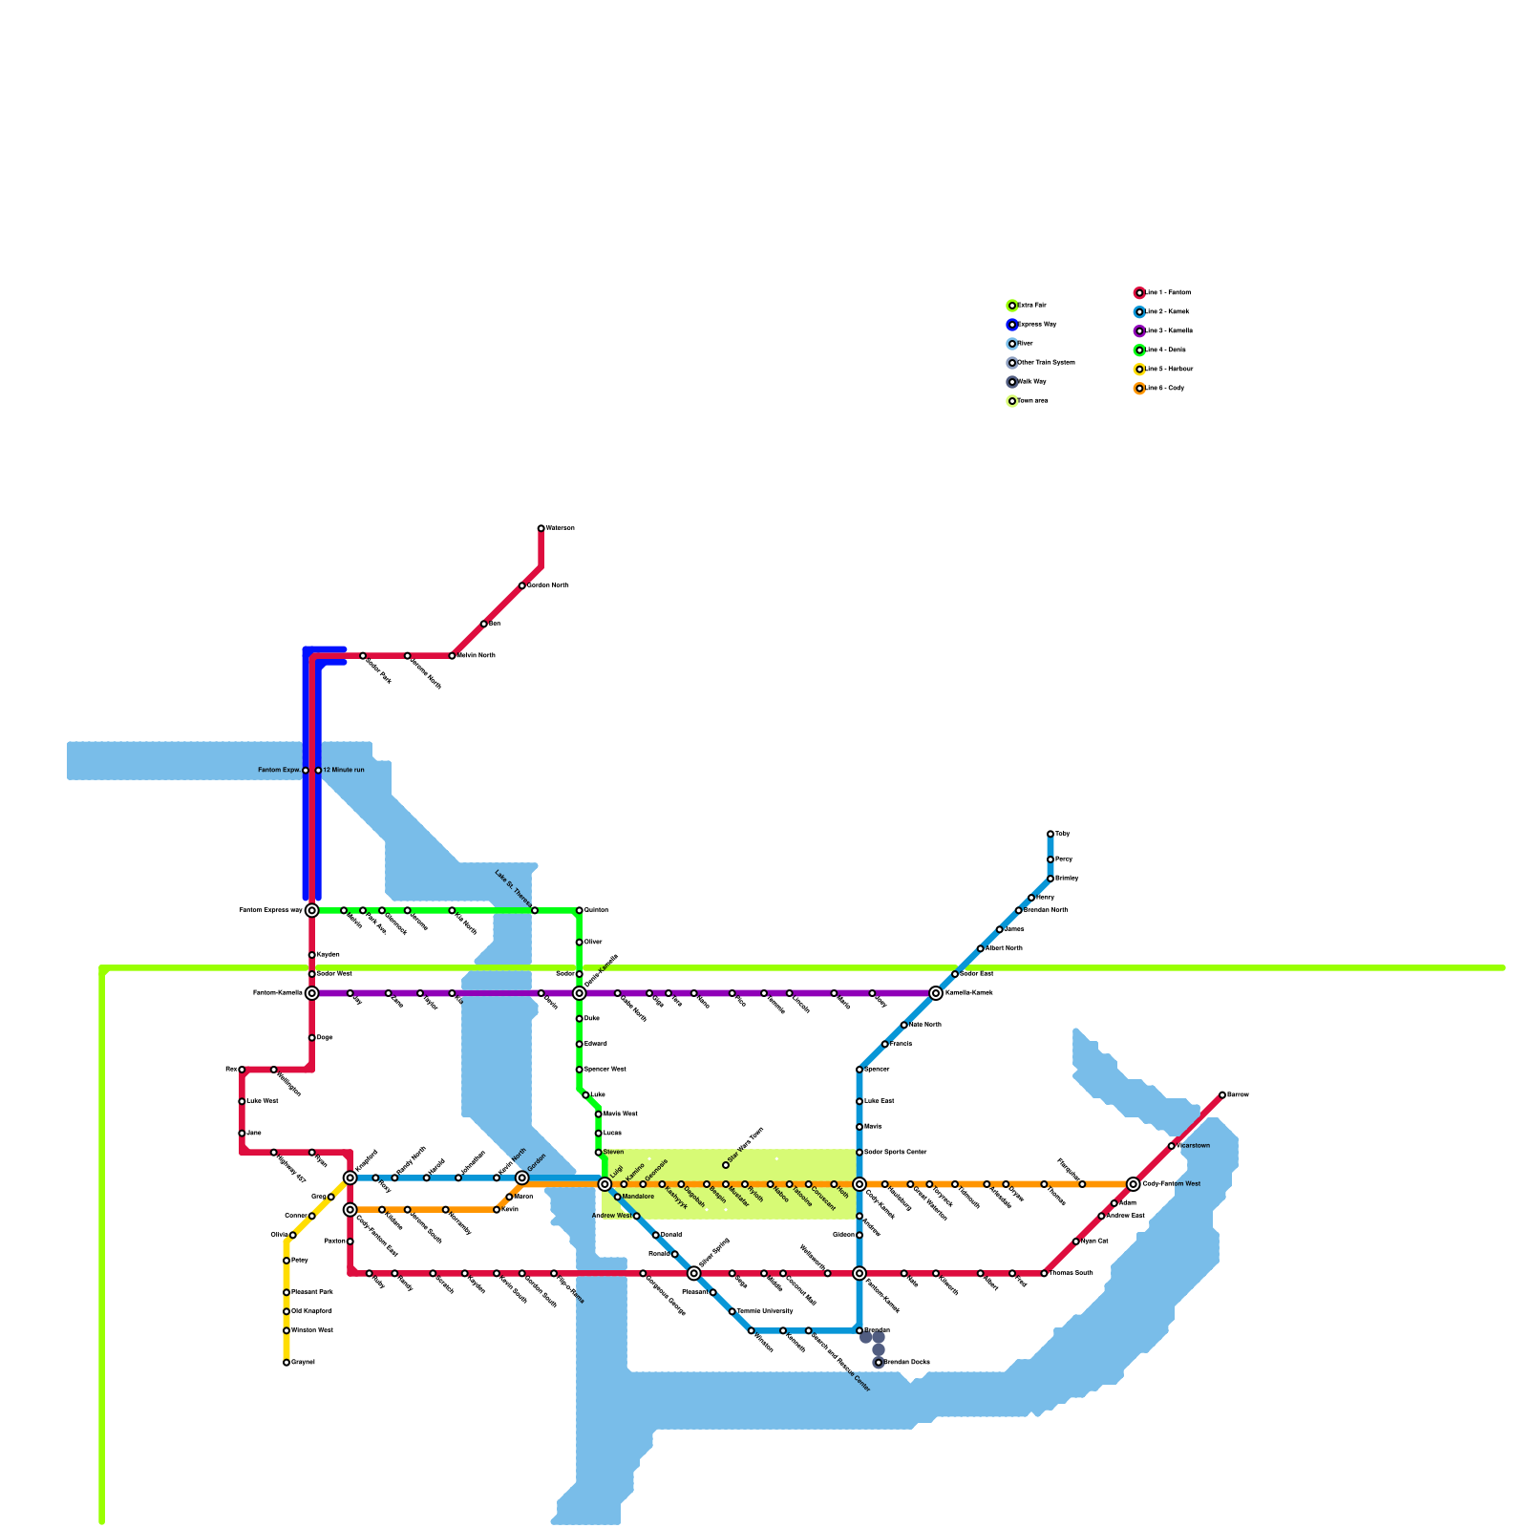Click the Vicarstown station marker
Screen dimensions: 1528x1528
click(x=1172, y=1146)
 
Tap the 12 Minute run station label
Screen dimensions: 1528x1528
click(x=344, y=770)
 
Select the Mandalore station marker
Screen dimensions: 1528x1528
click(x=618, y=1197)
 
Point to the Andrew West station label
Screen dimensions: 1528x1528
click(x=611, y=1216)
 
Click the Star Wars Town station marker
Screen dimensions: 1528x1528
click(x=726, y=1165)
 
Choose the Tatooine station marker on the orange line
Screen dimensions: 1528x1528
click(x=790, y=1184)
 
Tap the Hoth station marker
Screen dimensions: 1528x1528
click(x=834, y=1184)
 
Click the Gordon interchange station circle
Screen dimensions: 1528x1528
click(x=522, y=1178)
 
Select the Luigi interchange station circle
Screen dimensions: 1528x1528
click(x=605, y=1184)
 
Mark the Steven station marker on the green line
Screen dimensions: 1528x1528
click(x=599, y=1153)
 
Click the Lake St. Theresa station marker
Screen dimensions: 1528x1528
click(x=535, y=910)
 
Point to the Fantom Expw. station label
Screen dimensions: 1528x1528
click(x=279, y=770)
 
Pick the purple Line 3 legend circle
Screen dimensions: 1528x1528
click(x=1139, y=331)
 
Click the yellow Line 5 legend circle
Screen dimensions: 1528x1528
click(x=1139, y=370)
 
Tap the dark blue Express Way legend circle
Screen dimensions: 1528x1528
click(x=1012, y=325)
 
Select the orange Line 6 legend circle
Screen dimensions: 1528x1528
click(x=1139, y=389)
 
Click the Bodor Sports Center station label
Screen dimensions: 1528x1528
click(x=896, y=1153)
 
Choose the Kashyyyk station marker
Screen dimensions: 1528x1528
click(x=662, y=1184)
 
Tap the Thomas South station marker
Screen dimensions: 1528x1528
click(x=1044, y=1273)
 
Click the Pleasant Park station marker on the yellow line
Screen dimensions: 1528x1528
click(x=286, y=1292)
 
